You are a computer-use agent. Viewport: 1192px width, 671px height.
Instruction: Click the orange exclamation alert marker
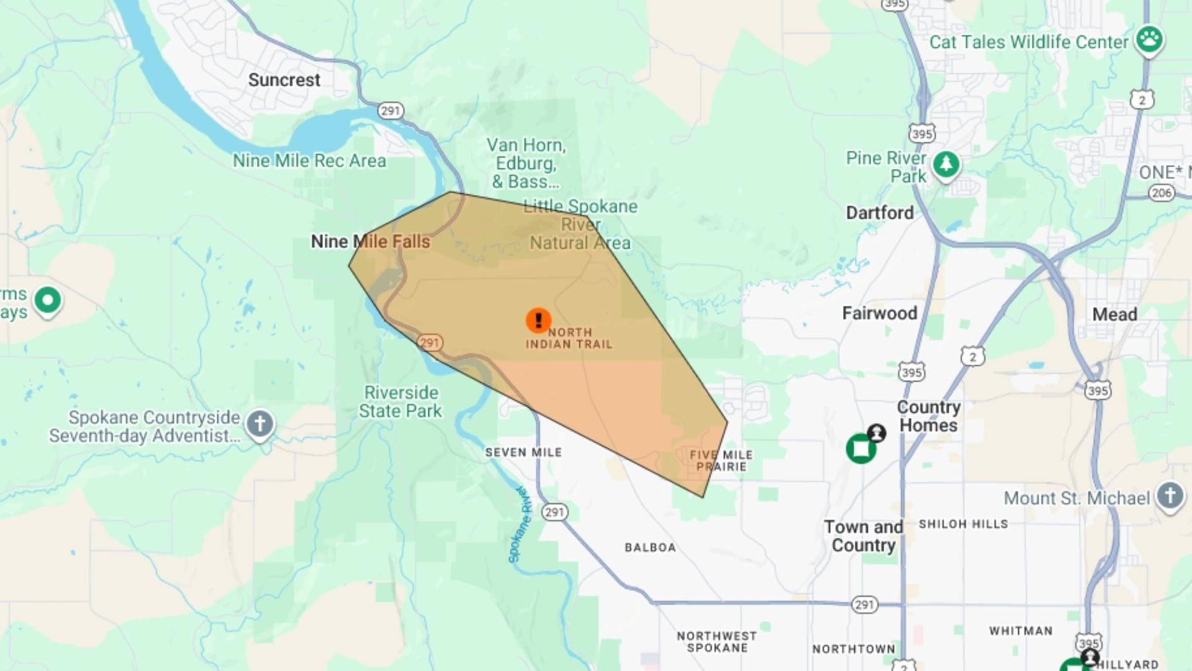click(538, 320)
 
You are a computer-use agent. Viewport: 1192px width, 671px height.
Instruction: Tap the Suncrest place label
click(284, 80)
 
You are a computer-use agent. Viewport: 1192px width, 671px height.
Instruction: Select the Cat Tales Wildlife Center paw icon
click(1149, 39)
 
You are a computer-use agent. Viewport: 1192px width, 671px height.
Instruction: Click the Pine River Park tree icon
click(946, 165)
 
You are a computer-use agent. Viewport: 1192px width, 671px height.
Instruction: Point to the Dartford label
click(880, 213)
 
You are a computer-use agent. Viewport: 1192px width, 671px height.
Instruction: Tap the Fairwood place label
click(879, 313)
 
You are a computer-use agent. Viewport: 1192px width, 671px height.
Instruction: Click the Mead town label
click(1114, 314)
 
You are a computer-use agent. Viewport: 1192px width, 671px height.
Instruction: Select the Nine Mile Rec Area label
click(309, 161)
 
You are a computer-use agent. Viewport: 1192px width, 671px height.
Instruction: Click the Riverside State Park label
click(400, 402)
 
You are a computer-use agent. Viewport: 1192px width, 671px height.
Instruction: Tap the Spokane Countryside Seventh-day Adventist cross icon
click(260, 424)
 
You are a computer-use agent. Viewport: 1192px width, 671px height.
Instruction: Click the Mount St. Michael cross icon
click(1170, 496)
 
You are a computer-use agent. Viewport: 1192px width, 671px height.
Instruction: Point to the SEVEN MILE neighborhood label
click(523, 452)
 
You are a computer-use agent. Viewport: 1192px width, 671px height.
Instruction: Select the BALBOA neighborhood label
click(650, 547)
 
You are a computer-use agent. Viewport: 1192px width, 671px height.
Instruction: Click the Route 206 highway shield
click(1161, 193)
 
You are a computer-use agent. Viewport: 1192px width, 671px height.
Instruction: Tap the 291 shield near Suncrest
click(391, 111)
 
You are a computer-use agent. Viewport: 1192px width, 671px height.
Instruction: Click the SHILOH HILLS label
click(963, 524)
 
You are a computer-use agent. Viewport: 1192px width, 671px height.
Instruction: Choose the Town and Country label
click(863, 536)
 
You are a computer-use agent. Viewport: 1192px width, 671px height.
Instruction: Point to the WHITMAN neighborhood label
click(1021, 631)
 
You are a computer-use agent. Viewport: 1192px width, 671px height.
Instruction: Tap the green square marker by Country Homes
click(861, 449)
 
